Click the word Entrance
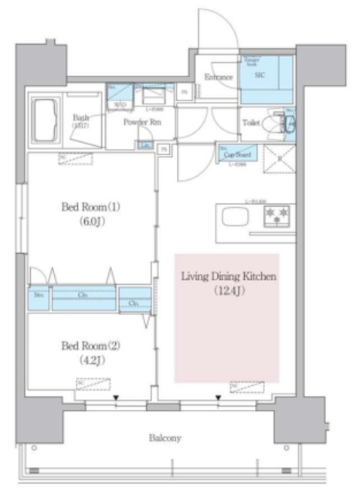pyautogui.click(x=219, y=77)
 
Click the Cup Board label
pyautogui.click(x=236, y=154)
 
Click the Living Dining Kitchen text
pyautogui.click(x=229, y=276)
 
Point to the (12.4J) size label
pyautogui.click(x=229, y=291)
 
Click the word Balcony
pyautogui.click(x=165, y=438)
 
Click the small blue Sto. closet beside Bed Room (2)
pyautogui.click(x=39, y=297)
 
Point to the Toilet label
pyautogui.click(x=251, y=122)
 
